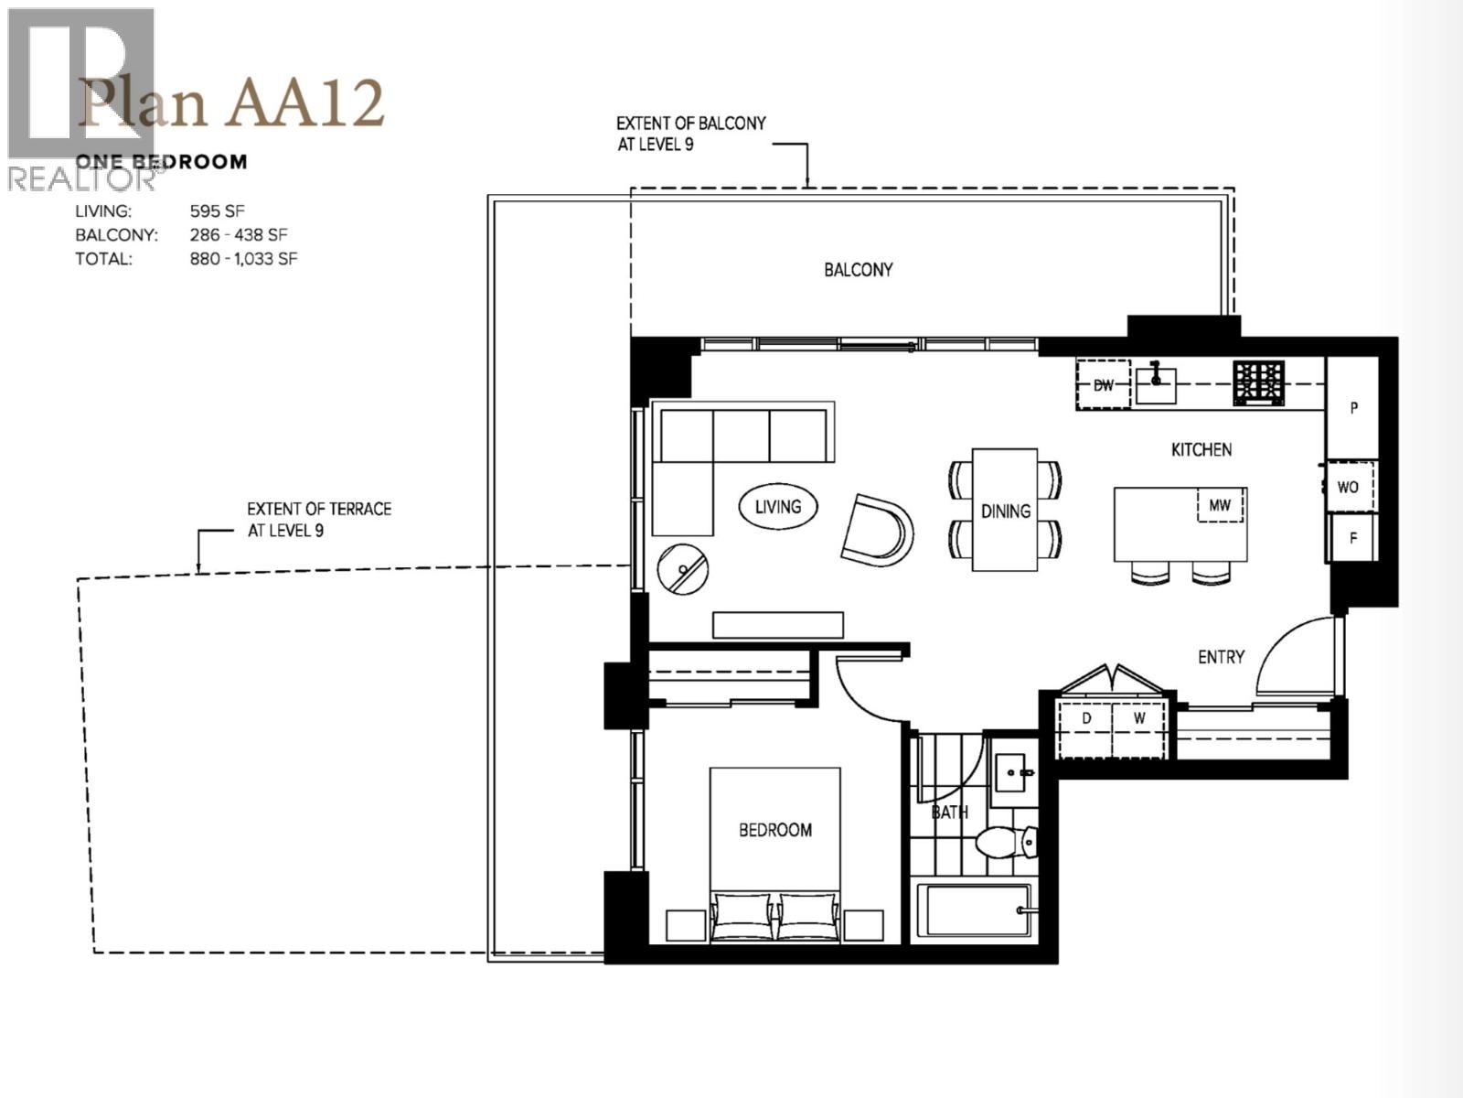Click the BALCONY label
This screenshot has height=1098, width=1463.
[x=858, y=270]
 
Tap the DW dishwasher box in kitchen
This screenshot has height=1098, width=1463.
[x=1104, y=385]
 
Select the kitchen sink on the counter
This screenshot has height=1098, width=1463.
[x=1156, y=383]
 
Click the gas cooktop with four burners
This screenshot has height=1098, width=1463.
[x=1258, y=382]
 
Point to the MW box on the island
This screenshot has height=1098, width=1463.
[x=1220, y=505]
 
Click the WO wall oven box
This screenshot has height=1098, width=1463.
[x=1348, y=487]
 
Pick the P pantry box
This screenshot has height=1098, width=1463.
[x=1352, y=408]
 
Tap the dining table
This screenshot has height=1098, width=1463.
[x=1005, y=510]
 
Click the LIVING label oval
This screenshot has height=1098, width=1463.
[x=778, y=506]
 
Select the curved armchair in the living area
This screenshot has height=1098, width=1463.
[x=877, y=531]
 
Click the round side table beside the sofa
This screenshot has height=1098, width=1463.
[x=683, y=569]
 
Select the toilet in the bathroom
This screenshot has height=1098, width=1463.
[x=1006, y=842]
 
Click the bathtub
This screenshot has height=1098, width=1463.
[x=974, y=910]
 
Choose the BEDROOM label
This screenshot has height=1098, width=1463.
[x=775, y=830]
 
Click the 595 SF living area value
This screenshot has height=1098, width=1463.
[x=218, y=211]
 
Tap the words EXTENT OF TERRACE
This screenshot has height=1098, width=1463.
[x=319, y=509]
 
